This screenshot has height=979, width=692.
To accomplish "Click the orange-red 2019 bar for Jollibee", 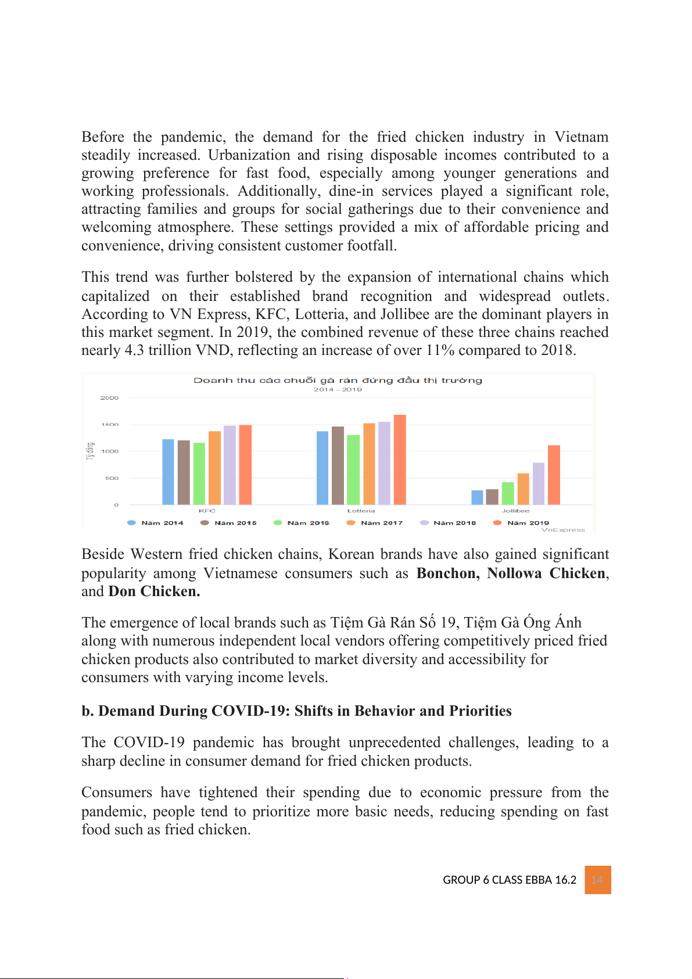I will coord(554,475).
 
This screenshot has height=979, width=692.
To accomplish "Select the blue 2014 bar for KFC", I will coord(168,472).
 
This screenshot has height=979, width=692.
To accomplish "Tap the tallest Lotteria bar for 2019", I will coord(400,460).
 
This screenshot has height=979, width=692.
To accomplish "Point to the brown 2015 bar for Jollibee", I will coord(492,497).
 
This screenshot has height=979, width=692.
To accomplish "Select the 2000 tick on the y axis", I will coord(109,398).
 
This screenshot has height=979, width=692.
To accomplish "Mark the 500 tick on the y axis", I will coord(112,478).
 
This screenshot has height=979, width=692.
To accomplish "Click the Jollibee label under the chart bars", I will coord(515,511).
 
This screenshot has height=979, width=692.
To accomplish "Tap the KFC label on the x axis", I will coord(207,511).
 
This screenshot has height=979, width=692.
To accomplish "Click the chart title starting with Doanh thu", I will coord(338,381).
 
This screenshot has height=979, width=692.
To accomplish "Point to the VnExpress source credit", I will coord(563,530).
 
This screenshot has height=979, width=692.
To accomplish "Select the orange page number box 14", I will coord(597,880).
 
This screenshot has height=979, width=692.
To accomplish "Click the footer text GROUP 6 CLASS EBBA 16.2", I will coord(510,880).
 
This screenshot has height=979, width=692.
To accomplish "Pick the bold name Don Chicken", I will coord(154,591).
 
